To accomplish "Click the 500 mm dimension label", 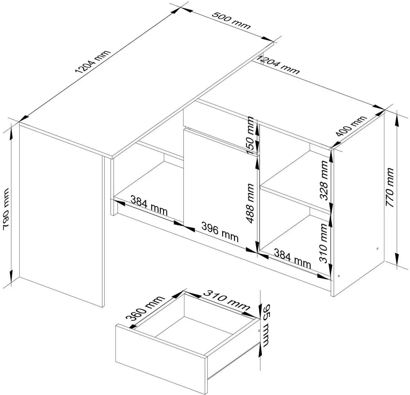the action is tap(231, 20).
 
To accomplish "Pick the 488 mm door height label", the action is tap(250, 203).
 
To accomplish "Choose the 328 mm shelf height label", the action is tap(324, 180).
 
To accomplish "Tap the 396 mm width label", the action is tap(220, 232).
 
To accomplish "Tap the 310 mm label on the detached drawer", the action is tap(226, 300).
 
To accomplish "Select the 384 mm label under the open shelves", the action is tap(292, 259).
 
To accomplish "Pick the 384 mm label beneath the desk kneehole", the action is tap(149, 205).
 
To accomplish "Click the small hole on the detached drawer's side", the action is tap(259, 331).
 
